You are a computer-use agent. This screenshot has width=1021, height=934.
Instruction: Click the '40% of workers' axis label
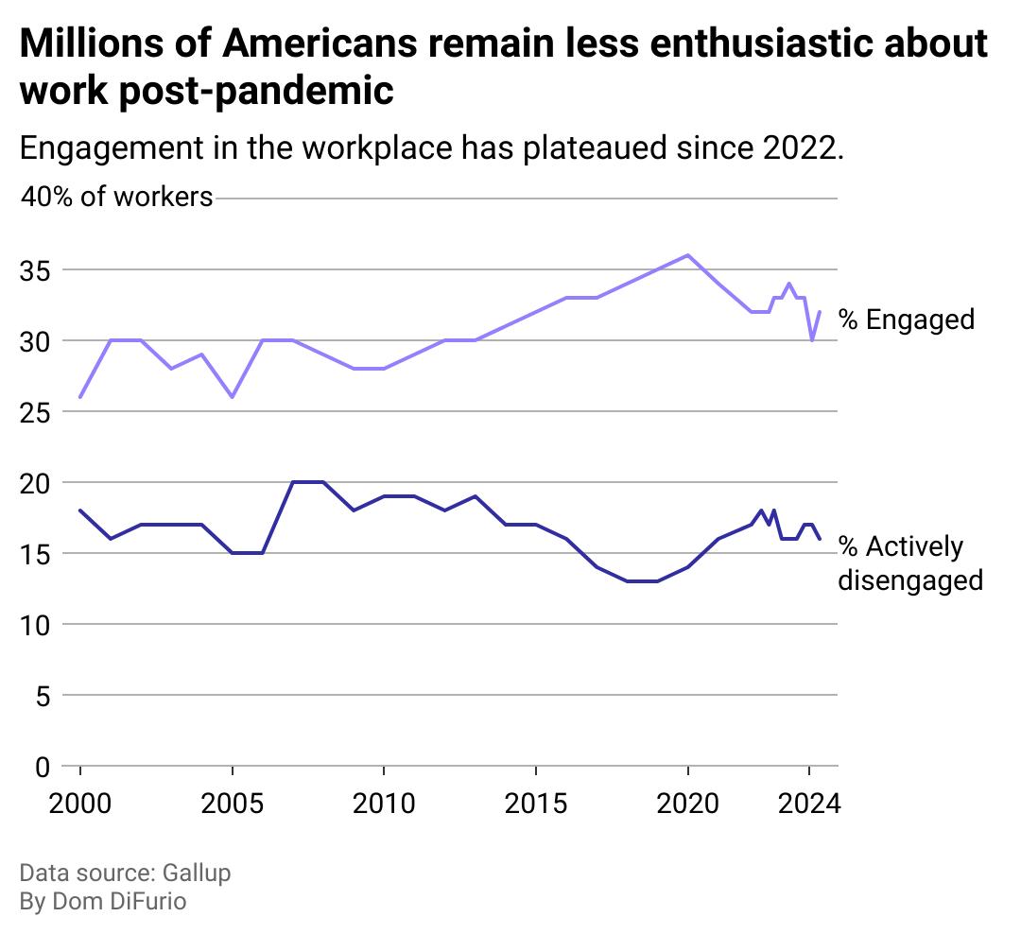[x=117, y=198]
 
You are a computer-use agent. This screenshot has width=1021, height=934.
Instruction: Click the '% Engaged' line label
[x=907, y=320]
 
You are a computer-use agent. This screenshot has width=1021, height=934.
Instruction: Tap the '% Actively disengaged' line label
[x=909, y=563]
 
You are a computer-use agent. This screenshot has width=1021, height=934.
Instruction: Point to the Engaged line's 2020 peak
[x=687, y=255]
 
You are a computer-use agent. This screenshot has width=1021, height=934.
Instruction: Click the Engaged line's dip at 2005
[x=232, y=397]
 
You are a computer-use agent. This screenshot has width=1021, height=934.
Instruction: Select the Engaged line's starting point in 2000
[x=80, y=397]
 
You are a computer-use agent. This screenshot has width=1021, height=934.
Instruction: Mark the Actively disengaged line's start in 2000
[x=80, y=510]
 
